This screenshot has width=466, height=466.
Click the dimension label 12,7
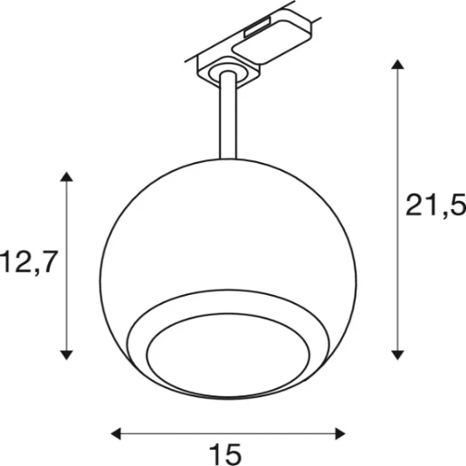(29, 263)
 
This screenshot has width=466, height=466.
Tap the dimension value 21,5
(436, 205)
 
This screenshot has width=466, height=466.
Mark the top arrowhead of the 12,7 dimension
(65, 177)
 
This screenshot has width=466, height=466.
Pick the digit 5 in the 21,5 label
(453, 205)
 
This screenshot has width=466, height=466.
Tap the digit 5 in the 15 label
(238, 452)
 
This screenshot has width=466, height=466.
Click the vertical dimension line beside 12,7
(65, 271)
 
